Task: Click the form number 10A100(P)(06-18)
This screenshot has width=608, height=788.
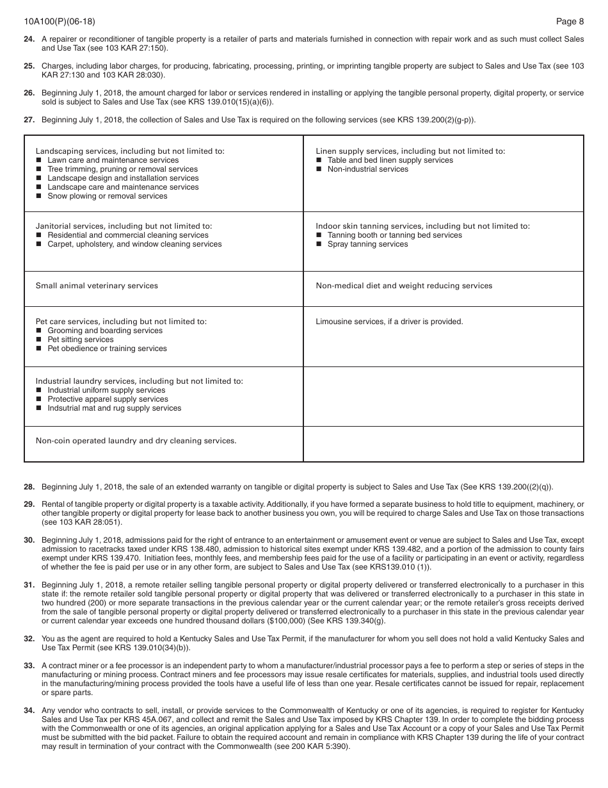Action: coord(59,21)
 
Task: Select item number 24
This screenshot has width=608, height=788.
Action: coord(29,39)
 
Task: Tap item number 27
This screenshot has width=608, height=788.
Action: coord(29,119)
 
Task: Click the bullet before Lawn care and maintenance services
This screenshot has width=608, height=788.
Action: coord(39,160)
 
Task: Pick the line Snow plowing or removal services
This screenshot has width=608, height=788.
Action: coord(107,196)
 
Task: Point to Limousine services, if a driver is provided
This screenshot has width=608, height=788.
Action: coord(389,322)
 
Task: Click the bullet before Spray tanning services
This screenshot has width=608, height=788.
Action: coord(319,244)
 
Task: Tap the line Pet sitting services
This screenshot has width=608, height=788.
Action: coord(80,340)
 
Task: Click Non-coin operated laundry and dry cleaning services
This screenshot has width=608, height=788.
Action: coord(136,441)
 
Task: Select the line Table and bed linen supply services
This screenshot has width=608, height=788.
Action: coord(390,160)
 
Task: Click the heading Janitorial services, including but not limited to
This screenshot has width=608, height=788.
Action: coord(124,226)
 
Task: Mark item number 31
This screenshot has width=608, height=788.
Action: coord(29,584)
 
